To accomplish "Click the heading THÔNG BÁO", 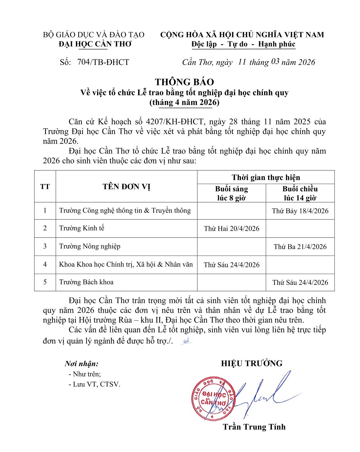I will [184, 82].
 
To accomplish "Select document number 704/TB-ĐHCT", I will [103, 62].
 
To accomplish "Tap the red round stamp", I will [213, 399].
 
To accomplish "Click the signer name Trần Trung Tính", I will [254, 427].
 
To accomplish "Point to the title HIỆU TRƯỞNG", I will [252, 363].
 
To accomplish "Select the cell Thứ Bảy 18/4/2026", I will [300, 211].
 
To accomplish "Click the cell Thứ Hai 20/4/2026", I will [231, 229].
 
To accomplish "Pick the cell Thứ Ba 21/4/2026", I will [300, 247].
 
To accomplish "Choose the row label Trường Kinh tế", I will [82, 228].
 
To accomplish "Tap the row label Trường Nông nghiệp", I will [90, 246].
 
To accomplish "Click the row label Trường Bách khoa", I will [86, 282].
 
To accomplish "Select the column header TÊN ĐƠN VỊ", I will [126, 186].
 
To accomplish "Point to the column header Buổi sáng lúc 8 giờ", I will [231, 193].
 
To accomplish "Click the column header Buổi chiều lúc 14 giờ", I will [300, 193].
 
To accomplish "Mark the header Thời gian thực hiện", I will [266, 177].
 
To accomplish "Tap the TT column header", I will [45, 186].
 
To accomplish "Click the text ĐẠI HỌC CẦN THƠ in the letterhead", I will [95, 44].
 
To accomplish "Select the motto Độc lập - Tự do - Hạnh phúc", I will [243, 44].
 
